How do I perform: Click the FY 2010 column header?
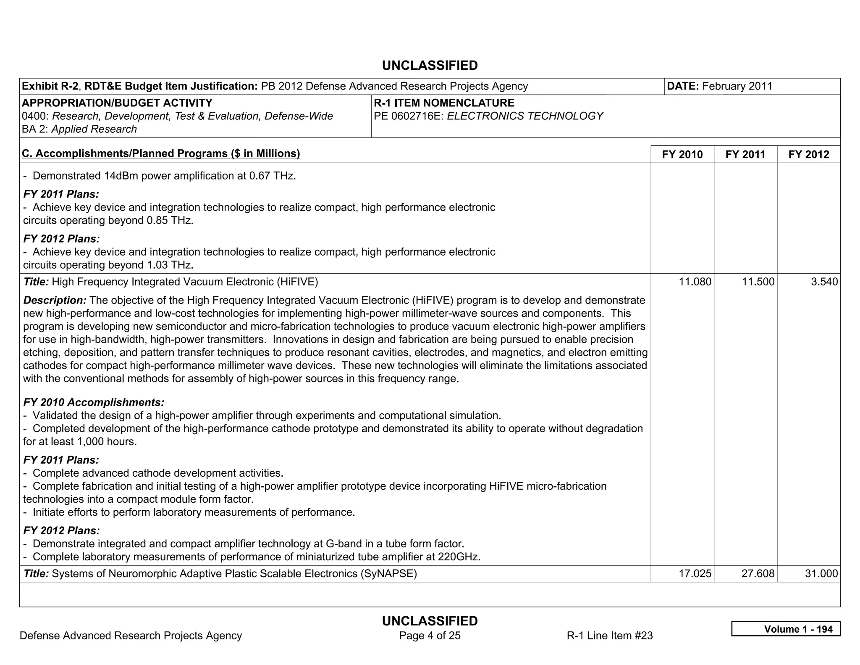pos(682,154)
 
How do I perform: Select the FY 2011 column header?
pos(745,154)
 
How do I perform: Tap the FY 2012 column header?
pos(809,154)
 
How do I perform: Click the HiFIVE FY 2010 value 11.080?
pos(695,282)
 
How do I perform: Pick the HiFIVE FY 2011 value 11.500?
pos(758,282)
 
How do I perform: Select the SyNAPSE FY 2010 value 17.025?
pos(695,573)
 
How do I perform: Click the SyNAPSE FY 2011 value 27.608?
pos(758,573)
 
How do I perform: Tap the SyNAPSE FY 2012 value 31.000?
pos(821,573)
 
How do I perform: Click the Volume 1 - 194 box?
pos(786,629)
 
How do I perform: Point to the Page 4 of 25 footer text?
pos(430,636)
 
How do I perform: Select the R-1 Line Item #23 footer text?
pos(609,636)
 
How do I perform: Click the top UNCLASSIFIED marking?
pos(430,66)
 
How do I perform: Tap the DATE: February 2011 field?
pos(719,86)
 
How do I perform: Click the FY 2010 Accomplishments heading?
pos(94,402)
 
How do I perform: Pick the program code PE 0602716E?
pos(409,116)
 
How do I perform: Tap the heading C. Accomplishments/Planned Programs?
pos(161,153)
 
